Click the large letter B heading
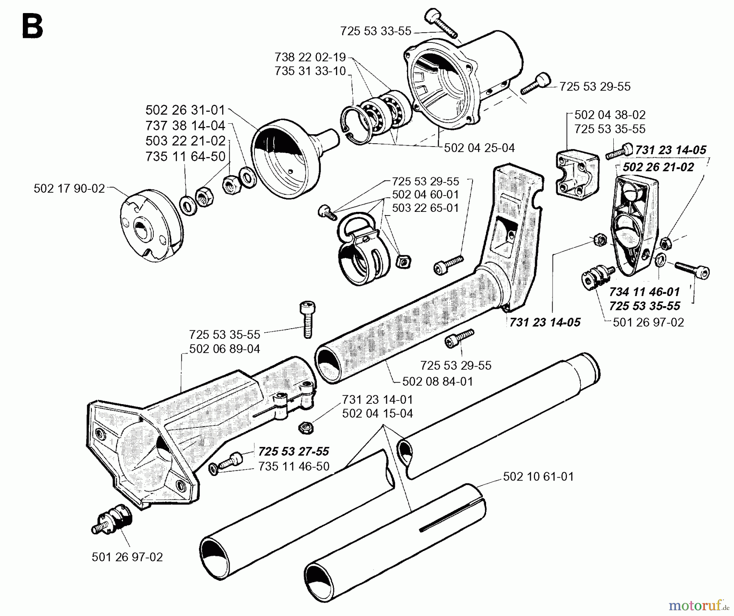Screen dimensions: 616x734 [32, 27]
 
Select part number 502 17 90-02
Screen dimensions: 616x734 [69, 189]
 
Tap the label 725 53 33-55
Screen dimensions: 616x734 [376, 31]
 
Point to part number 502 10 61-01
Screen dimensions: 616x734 [538, 476]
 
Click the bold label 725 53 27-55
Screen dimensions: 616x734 [294, 451]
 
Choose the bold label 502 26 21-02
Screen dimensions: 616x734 [658, 167]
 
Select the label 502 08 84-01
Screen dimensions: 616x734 [438, 381]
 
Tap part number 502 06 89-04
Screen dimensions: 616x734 [224, 349]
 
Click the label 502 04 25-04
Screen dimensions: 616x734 [479, 148]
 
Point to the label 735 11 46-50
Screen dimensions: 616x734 [294, 466]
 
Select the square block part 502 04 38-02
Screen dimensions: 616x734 [577, 172]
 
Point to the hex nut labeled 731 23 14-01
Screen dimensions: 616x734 [305, 428]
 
